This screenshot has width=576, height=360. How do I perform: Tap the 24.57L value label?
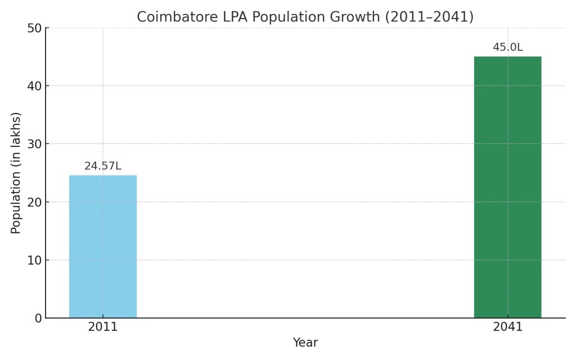click(x=103, y=166)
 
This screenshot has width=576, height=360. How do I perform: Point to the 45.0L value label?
click(x=507, y=47)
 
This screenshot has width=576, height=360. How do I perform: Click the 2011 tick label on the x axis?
click(x=103, y=327)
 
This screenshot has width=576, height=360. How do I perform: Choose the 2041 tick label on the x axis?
click(x=507, y=327)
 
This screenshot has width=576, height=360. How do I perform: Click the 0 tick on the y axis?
click(x=38, y=318)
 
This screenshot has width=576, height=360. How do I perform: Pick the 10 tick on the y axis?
click(x=35, y=260)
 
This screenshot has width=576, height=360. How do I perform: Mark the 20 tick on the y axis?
click(x=35, y=202)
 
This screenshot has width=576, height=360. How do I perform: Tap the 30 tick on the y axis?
click(x=35, y=144)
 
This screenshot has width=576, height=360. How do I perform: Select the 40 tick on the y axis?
click(x=35, y=86)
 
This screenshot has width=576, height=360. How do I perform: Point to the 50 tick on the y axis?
click(x=35, y=28)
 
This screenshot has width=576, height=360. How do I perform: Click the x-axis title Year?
click(x=305, y=343)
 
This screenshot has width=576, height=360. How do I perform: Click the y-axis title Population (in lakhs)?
click(x=16, y=173)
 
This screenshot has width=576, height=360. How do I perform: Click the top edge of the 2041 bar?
click(x=507, y=57)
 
